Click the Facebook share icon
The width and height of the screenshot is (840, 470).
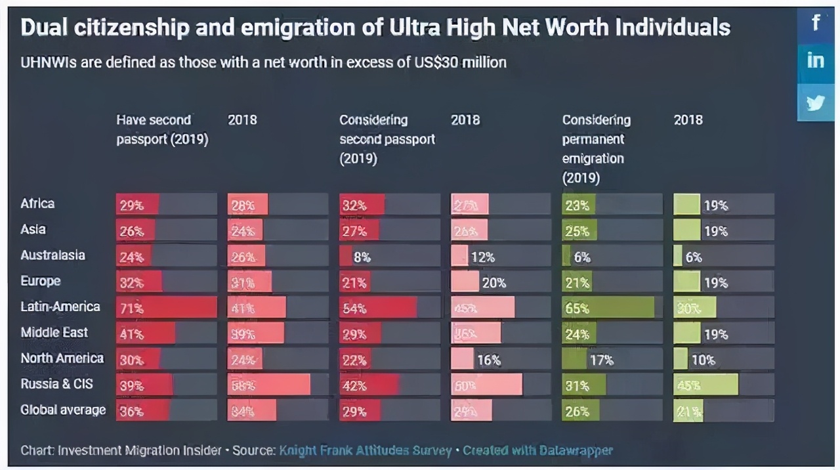pyautogui.click(x=816, y=24)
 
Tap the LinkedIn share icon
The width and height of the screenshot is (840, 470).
pyautogui.click(x=816, y=61)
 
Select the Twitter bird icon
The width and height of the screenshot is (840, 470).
pyautogui.click(x=816, y=102)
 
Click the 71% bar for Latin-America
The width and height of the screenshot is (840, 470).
pyautogui.click(x=166, y=308)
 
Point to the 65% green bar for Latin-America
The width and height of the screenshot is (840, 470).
pyautogui.click(x=608, y=308)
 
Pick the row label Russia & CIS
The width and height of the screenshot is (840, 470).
pyautogui.click(x=56, y=384)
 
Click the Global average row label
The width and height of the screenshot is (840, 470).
pyautogui.click(x=63, y=410)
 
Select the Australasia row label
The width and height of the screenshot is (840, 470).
pyautogui.click(x=52, y=255)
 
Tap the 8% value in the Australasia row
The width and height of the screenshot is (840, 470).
pyautogui.click(x=362, y=257)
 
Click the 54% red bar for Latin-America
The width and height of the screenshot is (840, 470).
pyautogui.click(x=378, y=308)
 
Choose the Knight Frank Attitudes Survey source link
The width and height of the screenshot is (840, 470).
pyautogui.click(x=365, y=451)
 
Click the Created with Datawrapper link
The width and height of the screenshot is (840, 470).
pyautogui.click(x=537, y=451)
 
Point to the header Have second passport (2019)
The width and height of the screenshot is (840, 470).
pyautogui.click(x=161, y=129)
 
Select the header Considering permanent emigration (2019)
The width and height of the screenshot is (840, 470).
pyautogui.click(x=597, y=148)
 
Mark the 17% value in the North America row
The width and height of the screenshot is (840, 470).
pyautogui.click(x=601, y=360)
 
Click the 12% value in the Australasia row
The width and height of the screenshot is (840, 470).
pyautogui.click(x=483, y=257)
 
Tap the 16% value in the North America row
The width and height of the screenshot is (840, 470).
pyautogui.click(x=489, y=360)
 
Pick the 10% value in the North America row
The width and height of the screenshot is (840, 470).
pyautogui.click(x=703, y=360)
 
